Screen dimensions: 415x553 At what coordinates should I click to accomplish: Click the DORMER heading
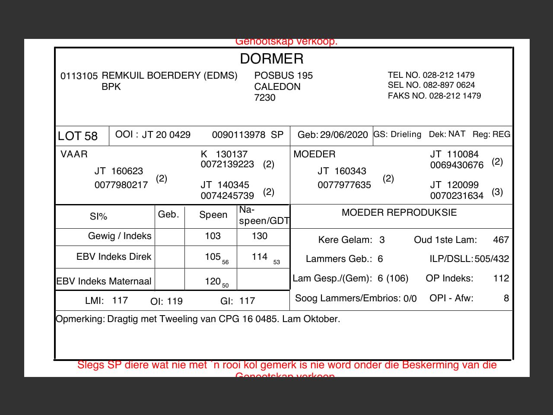[x=272, y=58]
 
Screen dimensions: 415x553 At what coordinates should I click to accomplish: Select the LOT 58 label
[x=78, y=136]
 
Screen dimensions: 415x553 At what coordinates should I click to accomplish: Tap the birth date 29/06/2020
[x=344, y=135]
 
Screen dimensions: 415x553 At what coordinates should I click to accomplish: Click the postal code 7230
[x=265, y=98]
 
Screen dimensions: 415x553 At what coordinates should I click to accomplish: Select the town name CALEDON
[x=277, y=86]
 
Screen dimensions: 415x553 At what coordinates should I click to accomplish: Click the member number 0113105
[x=79, y=76]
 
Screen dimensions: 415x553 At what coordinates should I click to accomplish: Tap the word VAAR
[x=74, y=154]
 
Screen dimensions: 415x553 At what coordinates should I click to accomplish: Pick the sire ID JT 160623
[x=119, y=171]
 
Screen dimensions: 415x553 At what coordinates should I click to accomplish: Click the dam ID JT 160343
[x=342, y=171]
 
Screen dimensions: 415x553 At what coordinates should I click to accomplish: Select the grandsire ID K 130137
[x=224, y=154]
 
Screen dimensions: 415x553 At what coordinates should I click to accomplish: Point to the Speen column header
[x=213, y=215]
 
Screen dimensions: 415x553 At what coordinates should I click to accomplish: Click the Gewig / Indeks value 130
[x=260, y=236]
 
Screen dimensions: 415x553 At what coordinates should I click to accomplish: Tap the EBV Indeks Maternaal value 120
[x=213, y=281]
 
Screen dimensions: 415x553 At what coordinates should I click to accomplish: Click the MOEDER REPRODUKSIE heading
[x=399, y=212]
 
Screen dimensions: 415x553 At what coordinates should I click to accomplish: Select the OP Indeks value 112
[x=501, y=278]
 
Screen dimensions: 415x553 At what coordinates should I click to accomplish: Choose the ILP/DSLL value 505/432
[x=492, y=259]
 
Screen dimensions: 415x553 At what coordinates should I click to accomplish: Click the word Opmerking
[x=80, y=319]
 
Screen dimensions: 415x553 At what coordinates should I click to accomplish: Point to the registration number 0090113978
[x=238, y=135]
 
